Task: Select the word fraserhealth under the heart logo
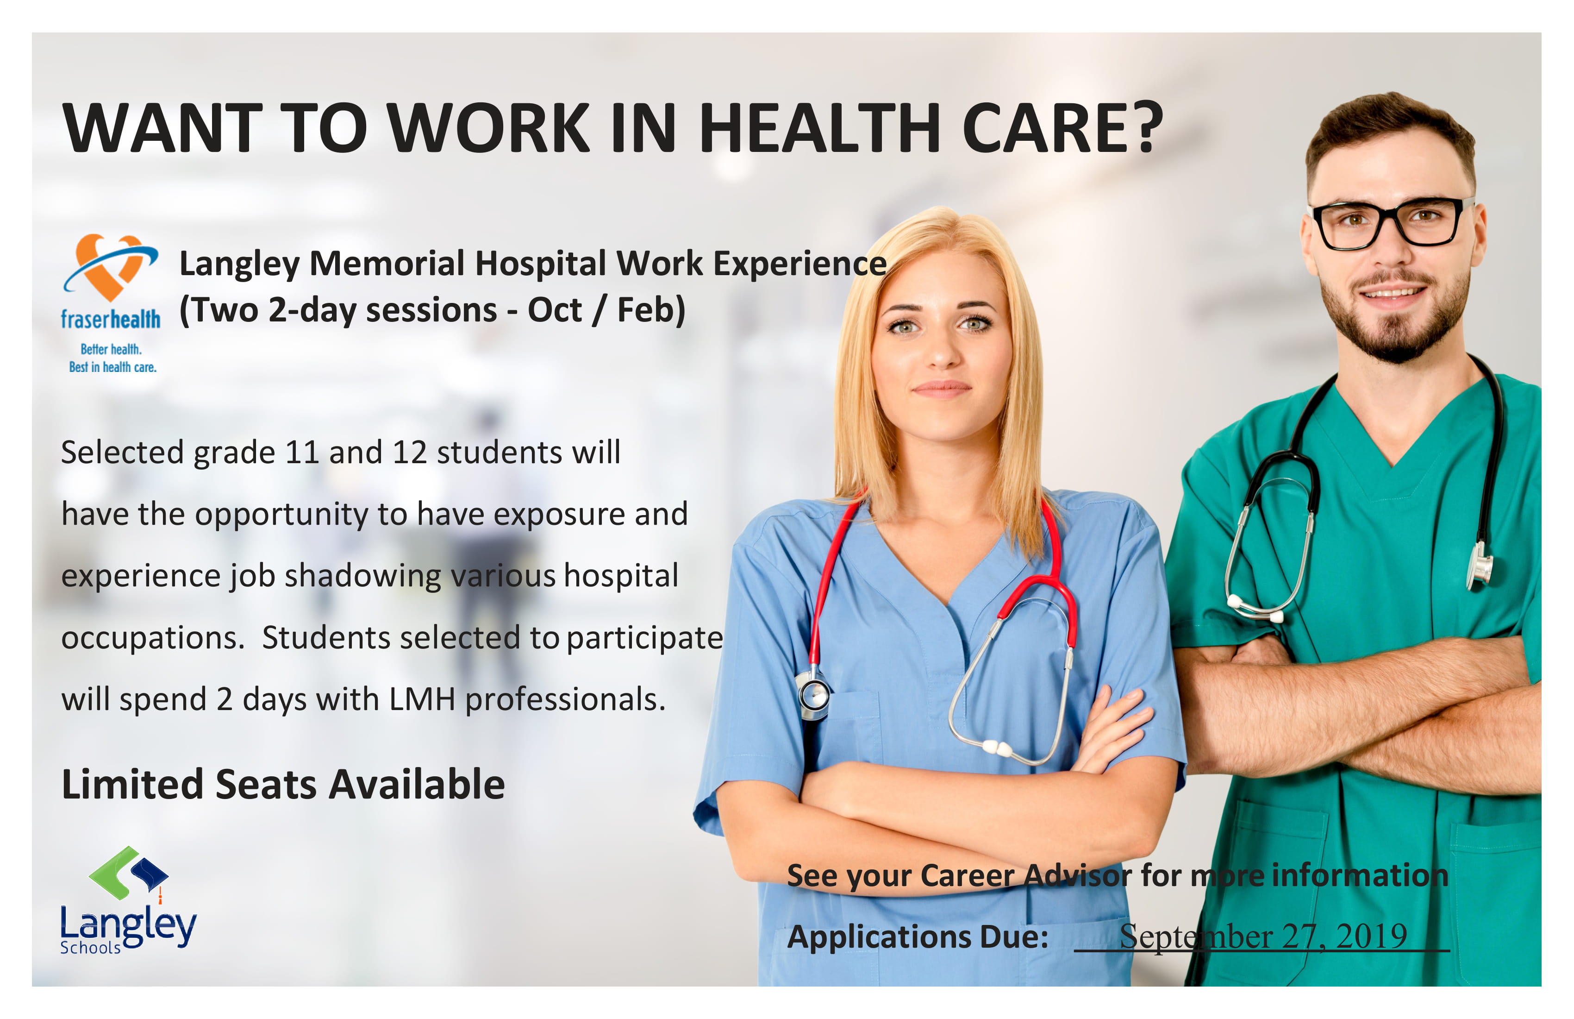pyautogui.click(x=111, y=320)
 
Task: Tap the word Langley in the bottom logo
pyautogui.click(x=128, y=925)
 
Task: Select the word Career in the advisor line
pyautogui.click(x=967, y=876)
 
